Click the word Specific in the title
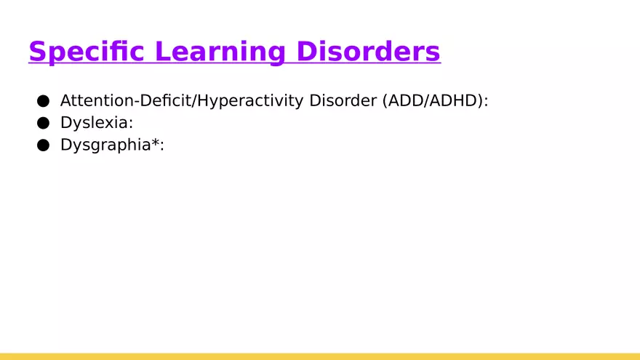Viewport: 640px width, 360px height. pyautogui.click(x=87, y=52)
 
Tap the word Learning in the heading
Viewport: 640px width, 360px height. pyautogui.click(x=220, y=52)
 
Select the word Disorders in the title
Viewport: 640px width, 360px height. pyautogui.click(x=368, y=51)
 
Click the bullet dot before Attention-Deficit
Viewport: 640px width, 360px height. pyautogui.click(x=43, y=101)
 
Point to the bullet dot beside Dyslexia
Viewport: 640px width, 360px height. pyautogui.click(x=43, y=123)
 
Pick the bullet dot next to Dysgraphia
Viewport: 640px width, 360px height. pyautogui.click(x=43, y=145)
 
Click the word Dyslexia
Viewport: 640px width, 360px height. pyautogui.click(x=95, y=123)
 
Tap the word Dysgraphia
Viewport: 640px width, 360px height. pyautogui.click(x=105, y=145)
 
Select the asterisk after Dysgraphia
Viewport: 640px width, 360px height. pyautogui.click(x=155, y=142)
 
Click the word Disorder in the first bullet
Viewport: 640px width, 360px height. pyautogui.click(x=343, y=100)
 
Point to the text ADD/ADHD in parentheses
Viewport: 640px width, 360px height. pyautogui.click(x=432, y=100)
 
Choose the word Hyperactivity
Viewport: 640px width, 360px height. pyautogui.click(x=249, y=101)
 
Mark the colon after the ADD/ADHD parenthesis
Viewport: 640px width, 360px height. pyautogui.click(x=486, y=102)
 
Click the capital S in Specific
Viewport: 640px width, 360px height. pyautogui.click(x=37, y=52)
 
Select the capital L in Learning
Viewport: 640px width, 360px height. pyautogui.click(x=163, y=52)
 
